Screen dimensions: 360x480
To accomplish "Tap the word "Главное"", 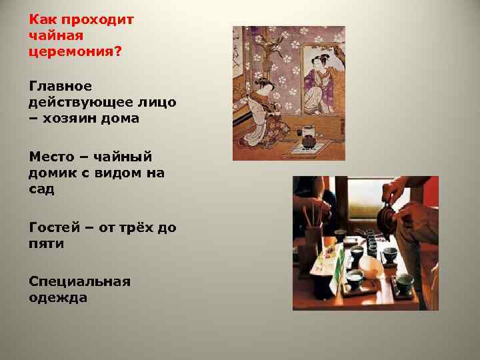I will point(61,86).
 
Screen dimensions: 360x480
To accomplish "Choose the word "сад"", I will point(42,190).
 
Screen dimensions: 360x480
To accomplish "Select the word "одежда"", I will point(58,297).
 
